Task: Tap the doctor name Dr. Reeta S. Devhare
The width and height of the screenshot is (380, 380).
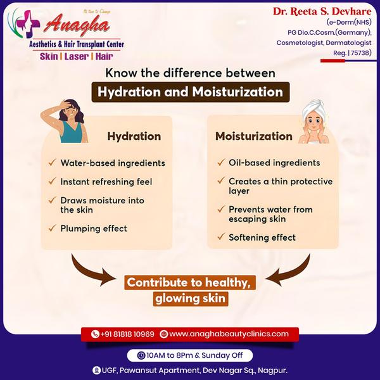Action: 322,11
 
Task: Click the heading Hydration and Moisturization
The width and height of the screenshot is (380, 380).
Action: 190,92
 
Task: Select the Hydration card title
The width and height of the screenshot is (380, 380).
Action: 134,136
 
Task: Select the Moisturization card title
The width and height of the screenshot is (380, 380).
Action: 253,136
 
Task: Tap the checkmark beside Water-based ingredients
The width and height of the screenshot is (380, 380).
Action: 51,163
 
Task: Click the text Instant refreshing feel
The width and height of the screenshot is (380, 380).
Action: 106,182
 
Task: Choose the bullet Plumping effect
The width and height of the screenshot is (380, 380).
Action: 94,228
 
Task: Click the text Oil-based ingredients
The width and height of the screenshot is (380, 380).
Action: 274,163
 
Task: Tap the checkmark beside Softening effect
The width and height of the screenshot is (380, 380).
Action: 220,237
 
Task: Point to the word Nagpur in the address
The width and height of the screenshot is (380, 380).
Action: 273,370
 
